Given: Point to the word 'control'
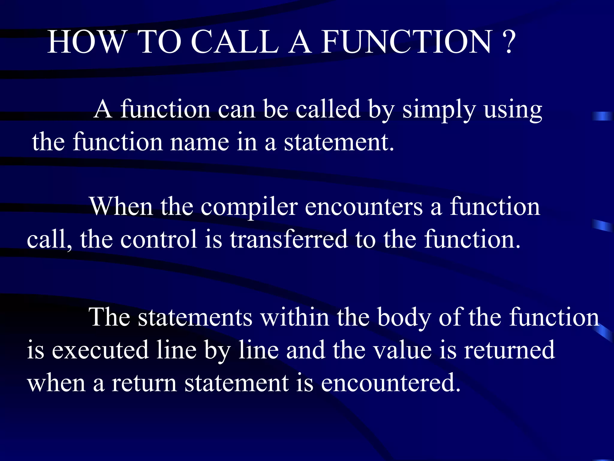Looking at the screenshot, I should click(159, 239).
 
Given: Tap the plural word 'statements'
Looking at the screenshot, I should click(195, 317).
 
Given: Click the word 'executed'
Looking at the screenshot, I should click(100, 350).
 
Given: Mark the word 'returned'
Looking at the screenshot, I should click(509, 350).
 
